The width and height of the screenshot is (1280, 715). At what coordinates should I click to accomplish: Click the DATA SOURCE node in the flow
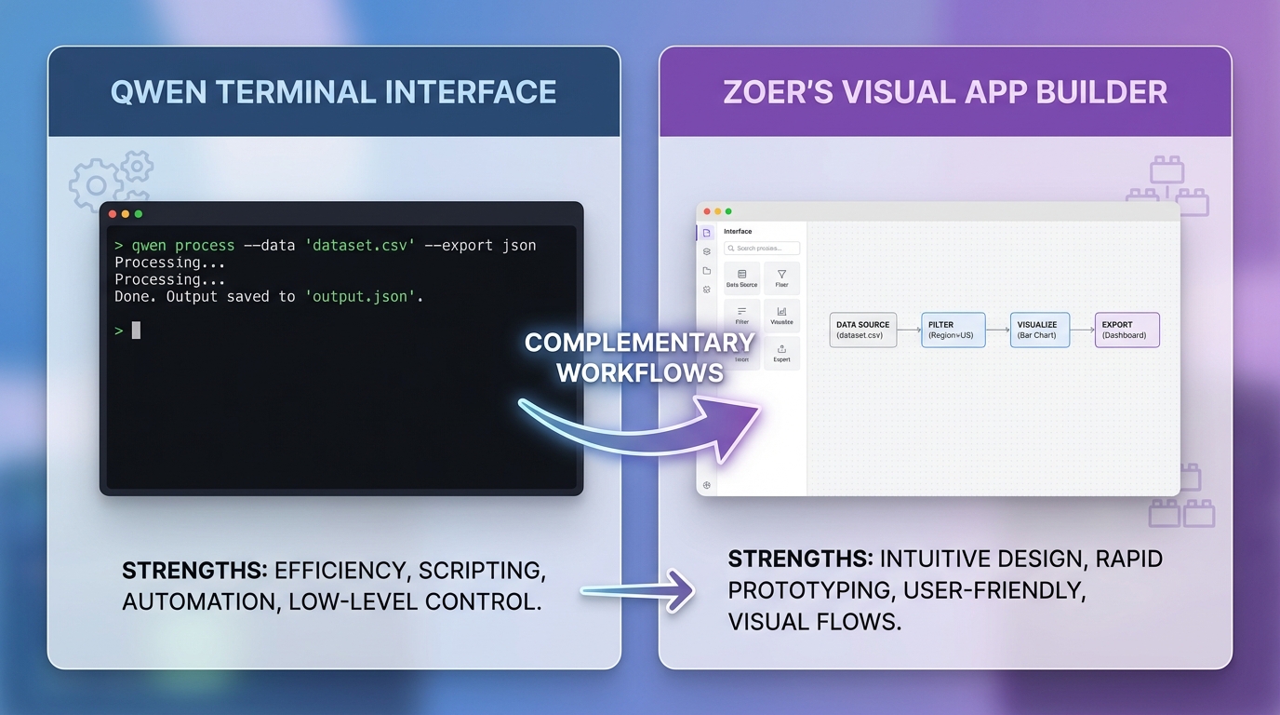pos(862,330)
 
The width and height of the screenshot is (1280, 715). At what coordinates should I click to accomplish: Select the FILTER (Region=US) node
pos(953,330)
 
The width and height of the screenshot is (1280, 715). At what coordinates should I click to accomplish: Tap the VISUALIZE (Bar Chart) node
pos(1040,330)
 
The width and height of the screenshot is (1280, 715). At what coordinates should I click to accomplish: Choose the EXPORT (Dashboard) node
pos(1127,330)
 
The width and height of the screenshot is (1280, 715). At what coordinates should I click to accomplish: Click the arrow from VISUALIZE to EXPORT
pos(1082,330)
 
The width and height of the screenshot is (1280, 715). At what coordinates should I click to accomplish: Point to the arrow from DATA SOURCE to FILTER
pos(909,330)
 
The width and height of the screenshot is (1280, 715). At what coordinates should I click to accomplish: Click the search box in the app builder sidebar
pos(762,249)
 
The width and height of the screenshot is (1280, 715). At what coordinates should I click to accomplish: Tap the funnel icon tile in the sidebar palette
pos(781,278)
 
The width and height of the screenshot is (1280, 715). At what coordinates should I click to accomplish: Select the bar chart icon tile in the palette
pos(781,316)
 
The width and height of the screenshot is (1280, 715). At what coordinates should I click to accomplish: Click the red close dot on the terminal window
pos(113,214)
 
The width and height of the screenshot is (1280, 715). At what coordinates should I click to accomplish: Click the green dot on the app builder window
pos(728,211)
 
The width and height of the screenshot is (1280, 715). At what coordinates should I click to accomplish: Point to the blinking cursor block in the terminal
pos(136,330)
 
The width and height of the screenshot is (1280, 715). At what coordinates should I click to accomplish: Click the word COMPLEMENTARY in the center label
pos(639,343)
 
